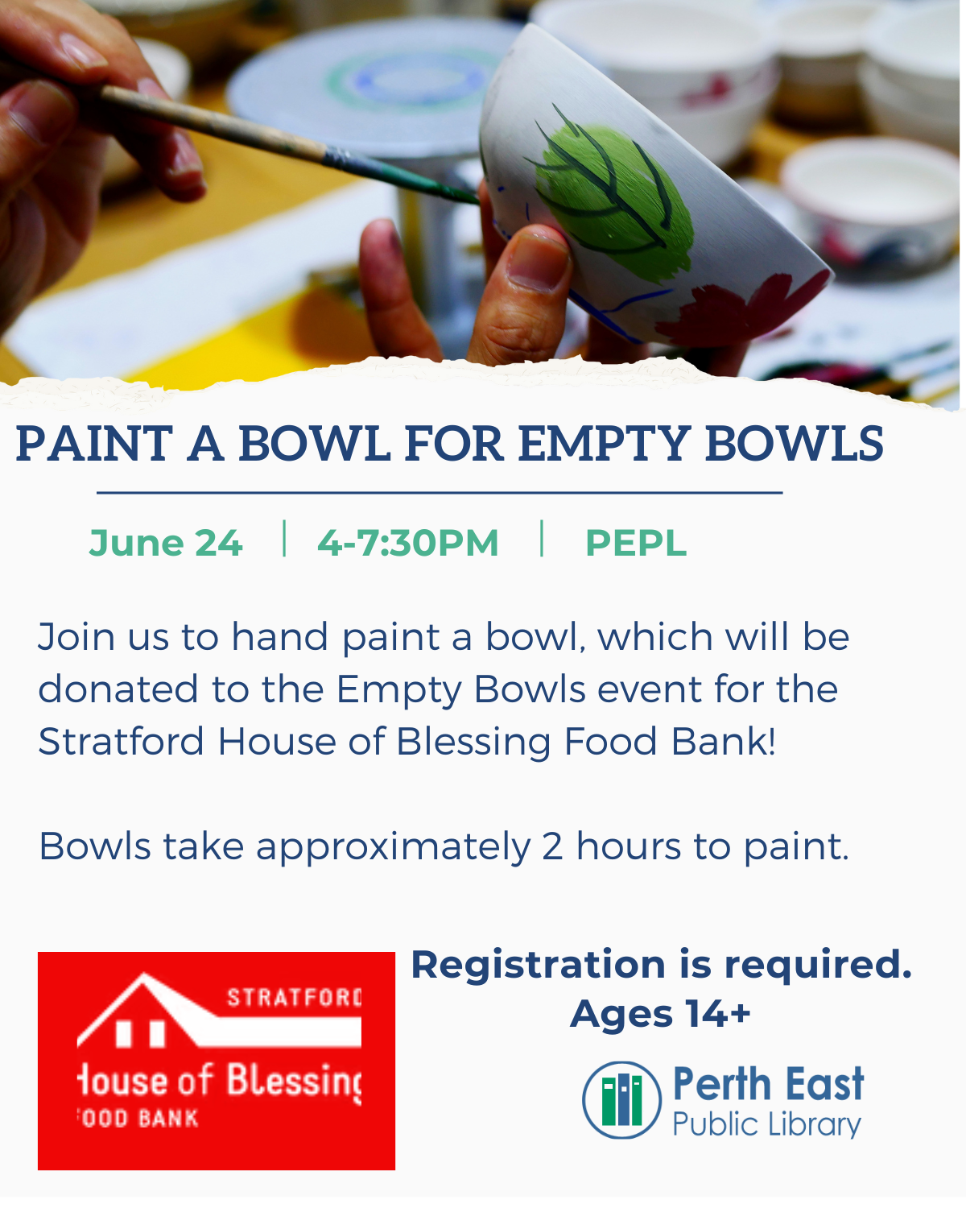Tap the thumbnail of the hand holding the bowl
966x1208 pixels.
tap(536, 262)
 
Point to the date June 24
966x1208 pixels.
tap(166, 544)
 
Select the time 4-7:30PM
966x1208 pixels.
tap(408, 544)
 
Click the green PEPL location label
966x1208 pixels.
tap(636, 544)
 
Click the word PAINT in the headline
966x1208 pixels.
tap(94, 444)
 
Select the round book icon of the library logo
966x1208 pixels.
tap(621, 1099)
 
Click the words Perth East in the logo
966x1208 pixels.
tap(769, 1084)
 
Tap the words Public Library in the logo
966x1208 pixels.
tap(766, 1124)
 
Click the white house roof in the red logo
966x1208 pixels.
tap(219, 1011)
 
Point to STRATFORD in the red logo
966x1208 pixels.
tap(294, 998)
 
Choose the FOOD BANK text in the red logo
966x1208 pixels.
tap(138, 1119)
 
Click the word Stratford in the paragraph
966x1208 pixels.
tap(121, 742)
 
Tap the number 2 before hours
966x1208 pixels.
tap(552, 846)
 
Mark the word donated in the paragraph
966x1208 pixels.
tap(118, 689)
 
